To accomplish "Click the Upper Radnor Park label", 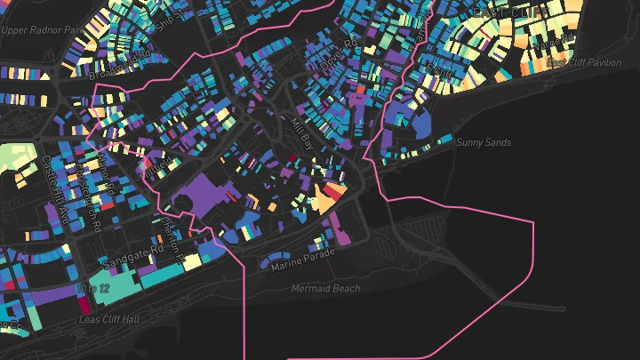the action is tap(42, 29).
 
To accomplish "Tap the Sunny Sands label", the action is tap(479, 142).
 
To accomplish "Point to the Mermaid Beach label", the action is tap(326, 289).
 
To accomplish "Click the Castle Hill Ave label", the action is tap(50, 183).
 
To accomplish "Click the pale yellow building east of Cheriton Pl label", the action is tap(192, 262).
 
